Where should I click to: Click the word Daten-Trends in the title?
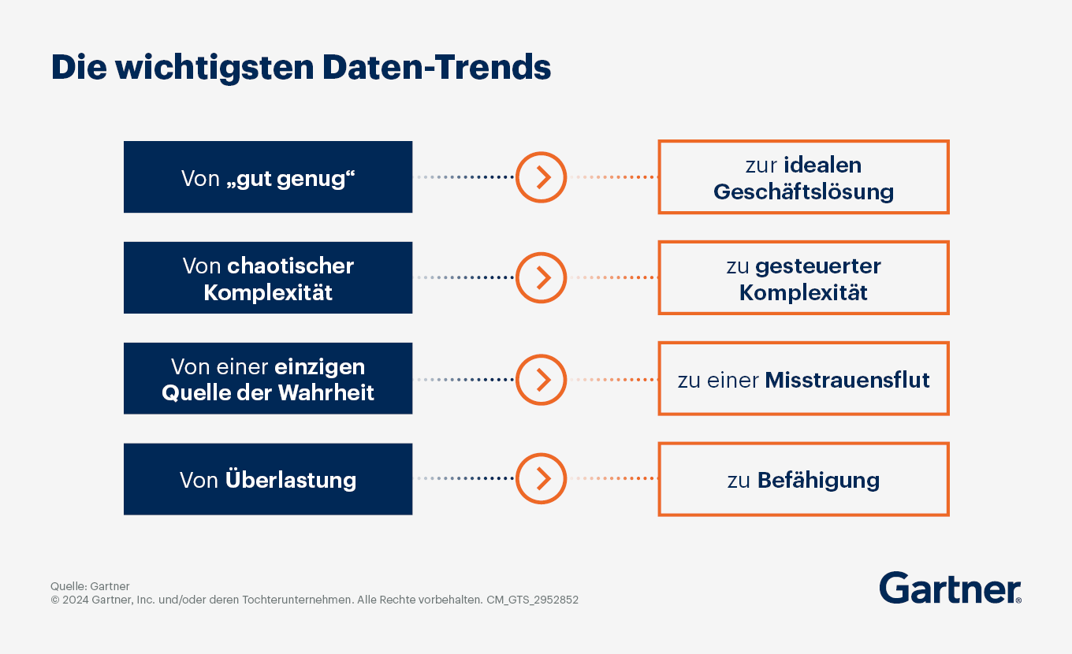(437, 68)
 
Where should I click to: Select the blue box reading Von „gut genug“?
(268, 177)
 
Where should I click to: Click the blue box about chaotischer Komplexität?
(268, 278)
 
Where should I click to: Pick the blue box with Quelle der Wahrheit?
(268, 379)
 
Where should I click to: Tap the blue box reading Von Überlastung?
(268, 479)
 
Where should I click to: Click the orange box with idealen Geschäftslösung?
(803, 177)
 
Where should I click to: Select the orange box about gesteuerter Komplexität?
(803, 278)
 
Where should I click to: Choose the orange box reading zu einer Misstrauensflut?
(803, 379)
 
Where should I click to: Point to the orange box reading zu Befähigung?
(803, 479)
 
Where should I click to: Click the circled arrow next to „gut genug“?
(542, 177)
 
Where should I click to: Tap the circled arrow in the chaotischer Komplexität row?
(542, 278)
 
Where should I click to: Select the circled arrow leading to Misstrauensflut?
(542, 379)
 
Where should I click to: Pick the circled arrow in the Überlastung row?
(542, 479)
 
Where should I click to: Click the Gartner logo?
(950, 589)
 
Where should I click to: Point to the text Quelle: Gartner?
(90, 586)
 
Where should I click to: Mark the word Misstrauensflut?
(847, 381)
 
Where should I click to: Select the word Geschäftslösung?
(803, 192)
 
